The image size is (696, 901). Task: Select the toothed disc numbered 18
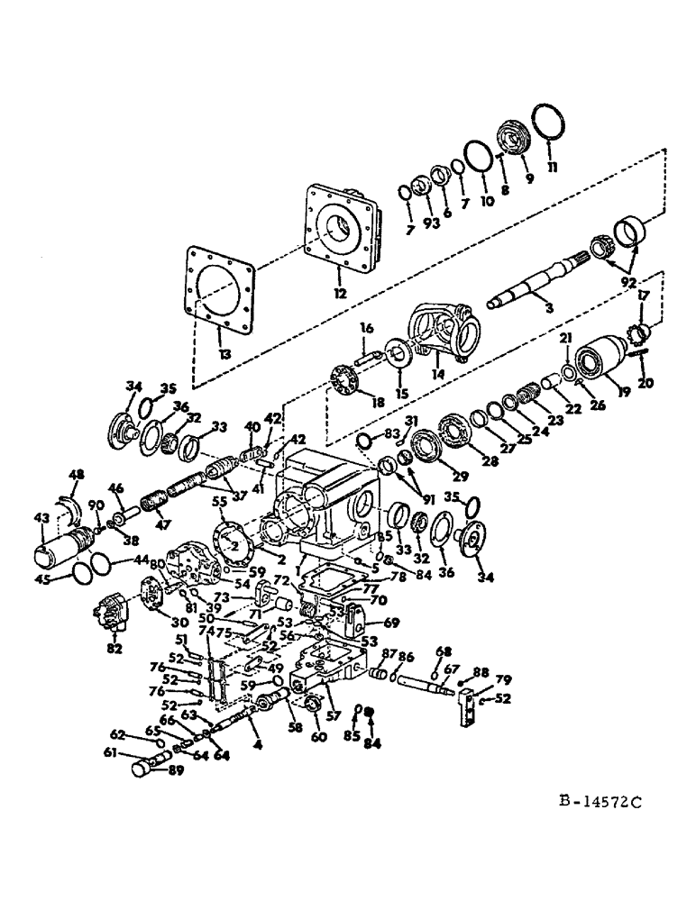click(344, 376)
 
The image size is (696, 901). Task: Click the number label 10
click(486, 202)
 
